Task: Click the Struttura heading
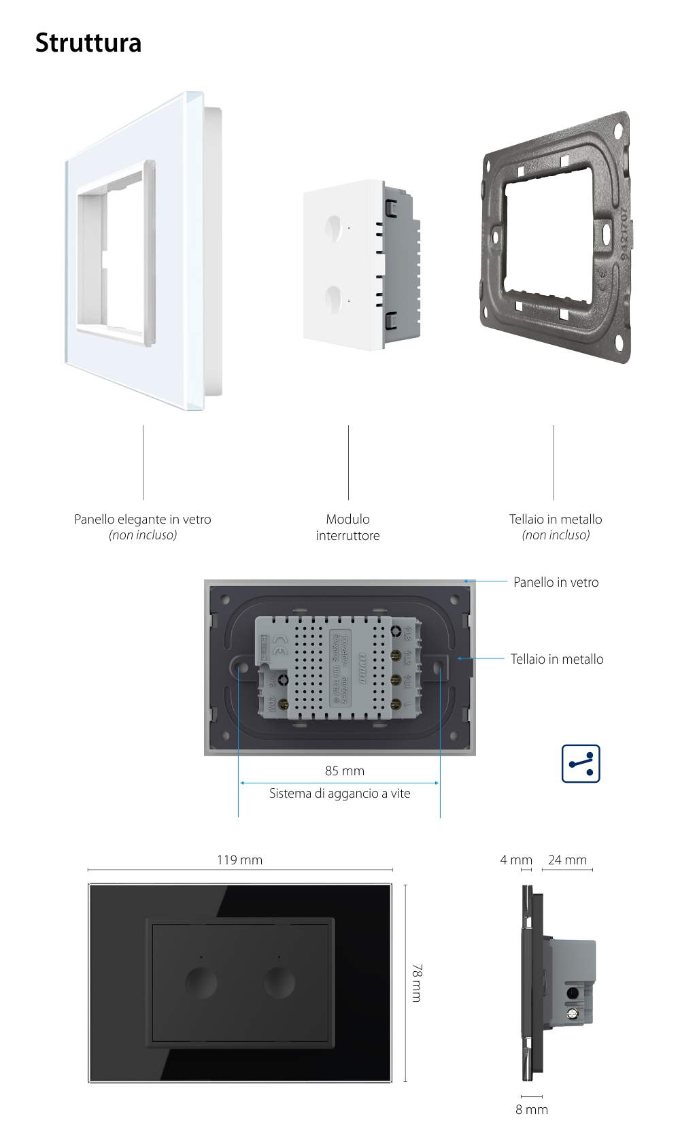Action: tap(88, 43)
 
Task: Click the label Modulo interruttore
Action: tap(347, 527)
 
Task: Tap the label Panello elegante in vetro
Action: tap(143, 520)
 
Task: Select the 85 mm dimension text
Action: tap(345, 771)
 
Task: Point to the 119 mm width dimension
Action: tap(239, 860)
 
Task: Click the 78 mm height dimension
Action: tap(416, 983)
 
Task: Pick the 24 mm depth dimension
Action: tap(567, 860)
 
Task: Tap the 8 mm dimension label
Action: tap(531, 1109)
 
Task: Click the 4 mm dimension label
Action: tap(515, 860)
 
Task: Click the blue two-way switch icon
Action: tap(581, 764)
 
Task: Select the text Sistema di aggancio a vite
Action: tap(339, 793)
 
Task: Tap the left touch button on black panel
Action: tap(201, 983)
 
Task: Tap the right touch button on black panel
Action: tap(279, 983)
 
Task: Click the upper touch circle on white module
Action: tap(334, 225)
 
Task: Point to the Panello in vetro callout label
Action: tap(556, 582)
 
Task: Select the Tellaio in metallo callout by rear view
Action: tap(556, 659)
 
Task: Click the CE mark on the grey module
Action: tap(279, 640)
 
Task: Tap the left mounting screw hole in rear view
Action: tap(241, 668)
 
